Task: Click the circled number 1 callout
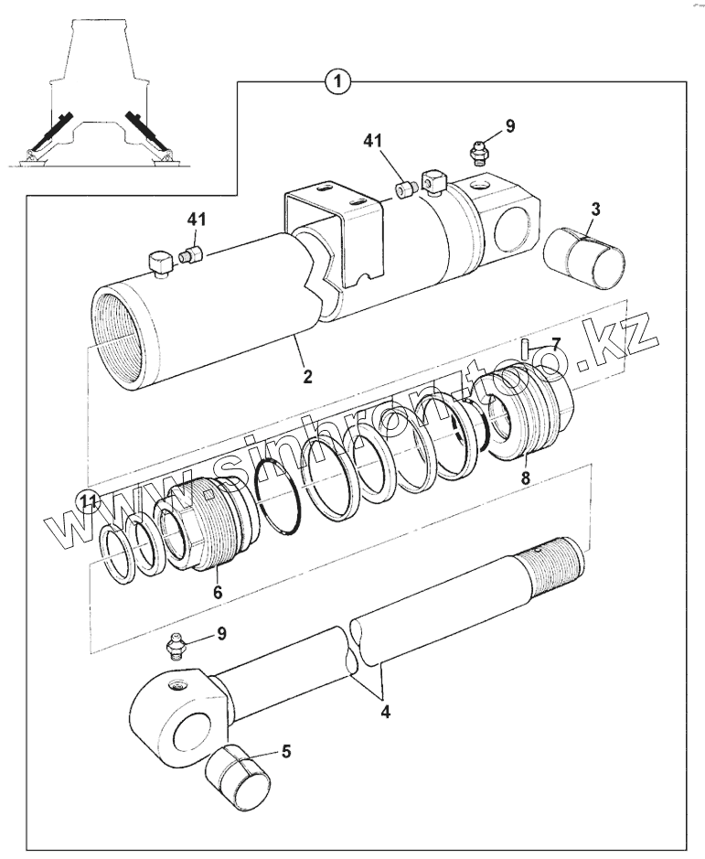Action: click(x=338, y=82)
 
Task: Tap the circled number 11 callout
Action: click(x=87, y=499)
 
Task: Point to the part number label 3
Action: click(x=594, y=209)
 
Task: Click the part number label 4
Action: click(x=385, y=711)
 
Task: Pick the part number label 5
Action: click(x=286, y=752)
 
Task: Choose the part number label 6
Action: click(x=218, y=593)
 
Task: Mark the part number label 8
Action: click(x=525, y=478)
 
